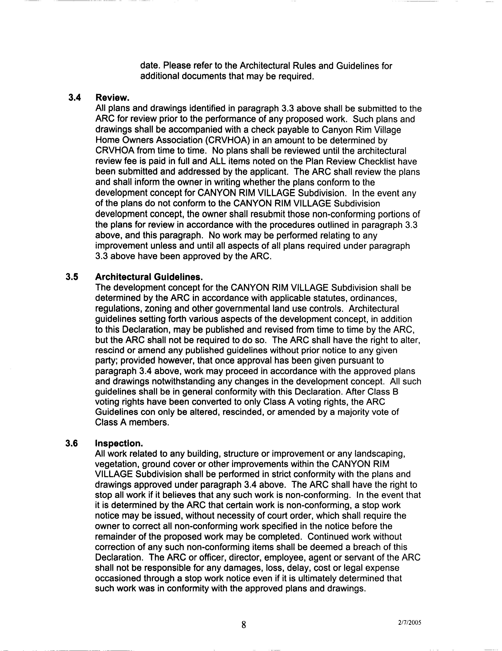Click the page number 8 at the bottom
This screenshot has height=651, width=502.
coord(244,625)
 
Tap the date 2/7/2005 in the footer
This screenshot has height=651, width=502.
coord(409,622)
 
